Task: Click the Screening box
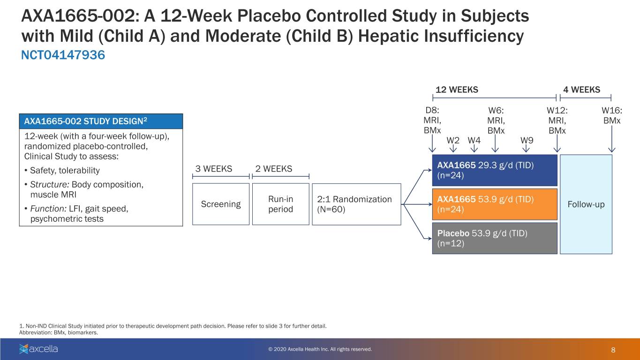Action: [x=220, y=204]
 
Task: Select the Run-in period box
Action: [x=280, y=204]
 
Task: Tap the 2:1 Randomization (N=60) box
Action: [x=356, y=204]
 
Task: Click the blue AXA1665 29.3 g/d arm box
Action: [x=495, y=170]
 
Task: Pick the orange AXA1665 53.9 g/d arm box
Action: [x=495, y=204]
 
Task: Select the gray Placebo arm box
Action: [x=495, y=238]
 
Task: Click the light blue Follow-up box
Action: [x=586, y=204]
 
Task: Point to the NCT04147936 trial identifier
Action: [x=63, y=55]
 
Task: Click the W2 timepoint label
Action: [x=453, y=140]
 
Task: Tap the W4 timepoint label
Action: [x=474, y=140]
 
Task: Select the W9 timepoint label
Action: [x=527, y=140]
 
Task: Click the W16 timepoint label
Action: [x=612, y=110]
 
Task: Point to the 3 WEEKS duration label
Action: [x=214, y=169]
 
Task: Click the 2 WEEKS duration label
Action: [x=274, y=169]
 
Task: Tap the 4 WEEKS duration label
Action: [x=582, y=90]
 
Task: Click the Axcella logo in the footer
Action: [x=38, y=349]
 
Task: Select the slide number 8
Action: [x=613, y=350]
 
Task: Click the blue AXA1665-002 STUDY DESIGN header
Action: [x=101, y=121]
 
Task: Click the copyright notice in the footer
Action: [x=320, y=349]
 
